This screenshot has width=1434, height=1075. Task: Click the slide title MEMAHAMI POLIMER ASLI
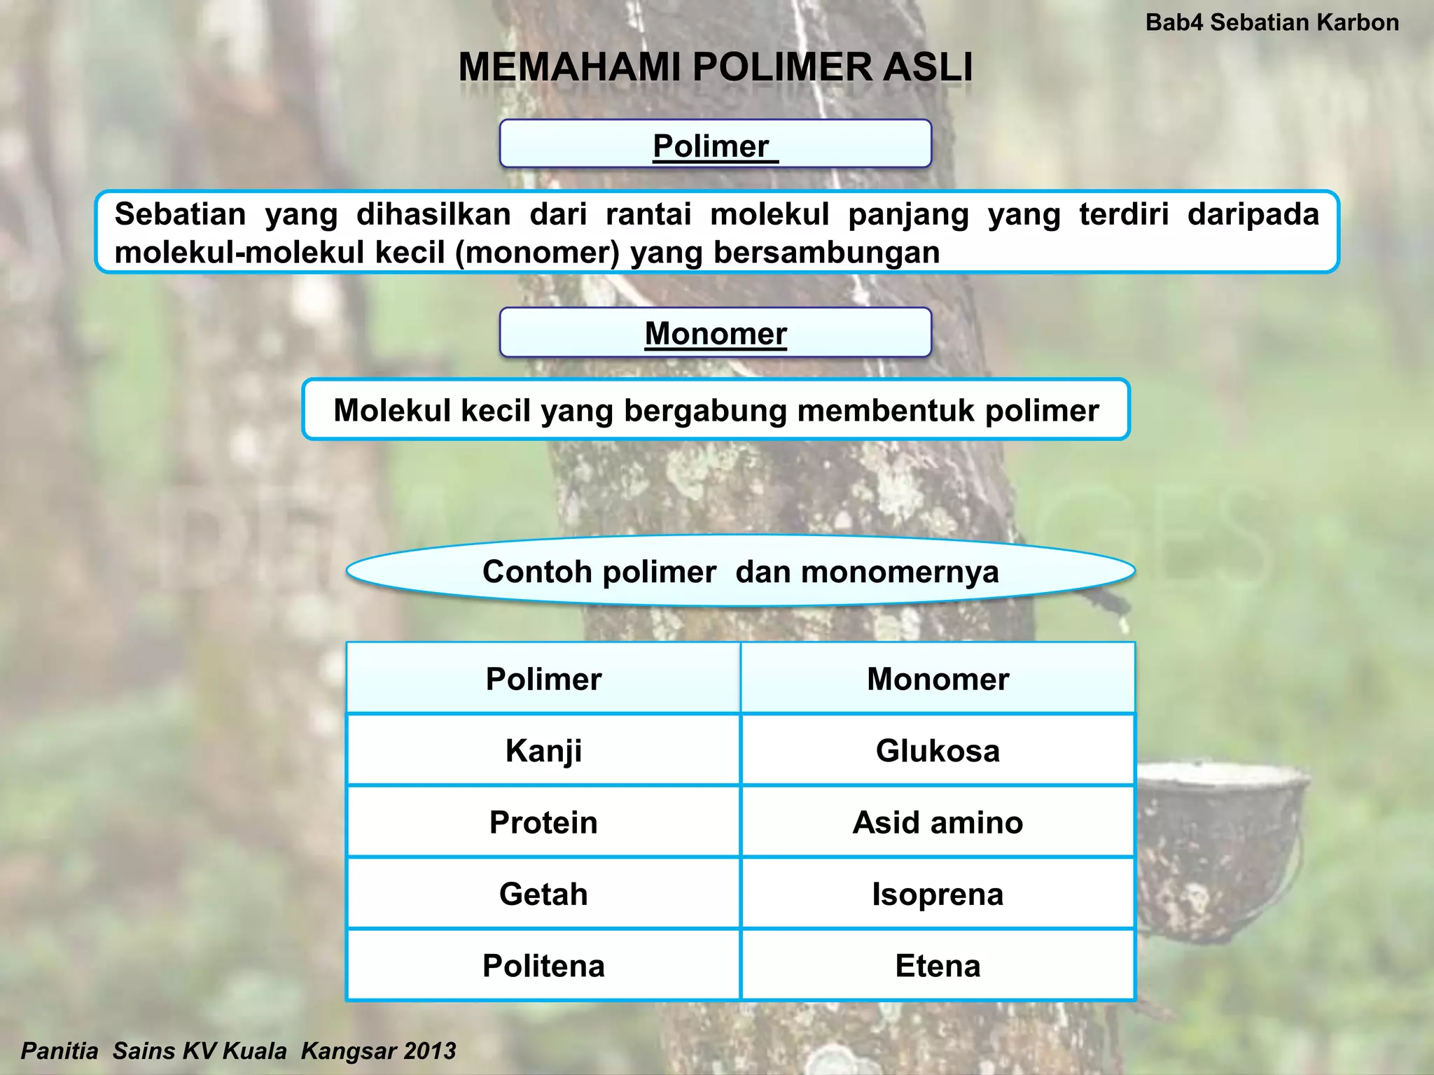[715, 68]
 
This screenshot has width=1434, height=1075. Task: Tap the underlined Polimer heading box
[715, 144]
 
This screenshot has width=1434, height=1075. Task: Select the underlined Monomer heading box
[715, 333]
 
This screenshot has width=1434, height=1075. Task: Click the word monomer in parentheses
[537, 253]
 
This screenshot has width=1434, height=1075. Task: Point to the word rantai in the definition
[648, 214]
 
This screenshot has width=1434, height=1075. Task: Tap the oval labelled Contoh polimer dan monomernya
[740, 571]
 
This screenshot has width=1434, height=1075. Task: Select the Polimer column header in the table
[543, 679]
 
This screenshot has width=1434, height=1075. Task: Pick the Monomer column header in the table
[938, 679]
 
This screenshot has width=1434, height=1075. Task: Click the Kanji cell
[543, 751]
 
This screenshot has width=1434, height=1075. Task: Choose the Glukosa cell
[938, 751]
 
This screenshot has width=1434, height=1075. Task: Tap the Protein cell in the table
[543, 822]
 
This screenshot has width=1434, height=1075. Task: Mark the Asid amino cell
[938, 822]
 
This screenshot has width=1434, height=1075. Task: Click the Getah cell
[543, 894]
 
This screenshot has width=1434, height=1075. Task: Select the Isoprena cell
[938, 894]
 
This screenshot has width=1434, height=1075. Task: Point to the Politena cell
[543, 966]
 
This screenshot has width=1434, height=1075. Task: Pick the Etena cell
[938, 966]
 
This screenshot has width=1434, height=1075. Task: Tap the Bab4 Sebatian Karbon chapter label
[1272, 22]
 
